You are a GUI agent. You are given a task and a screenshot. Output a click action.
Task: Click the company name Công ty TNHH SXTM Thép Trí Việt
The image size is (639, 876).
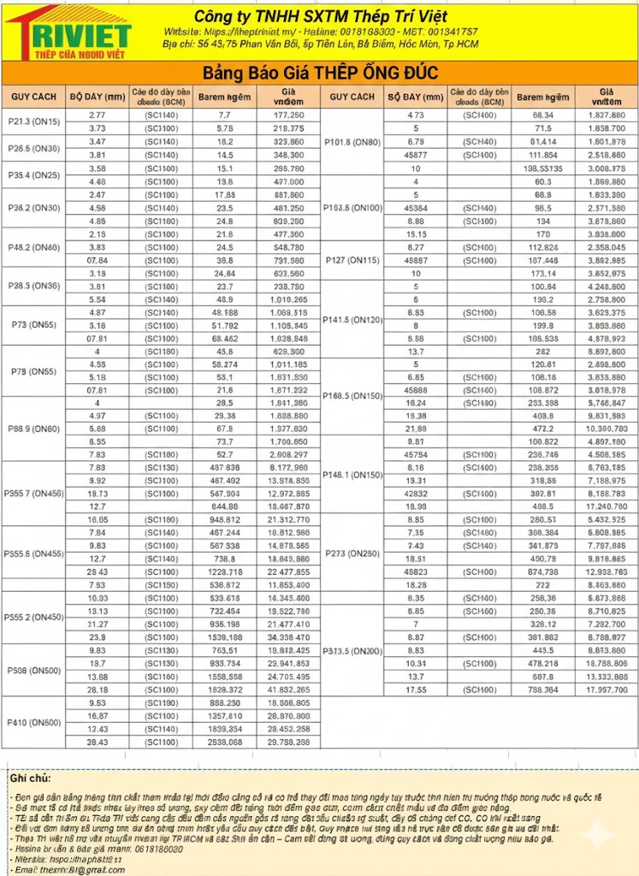tap(320, 17)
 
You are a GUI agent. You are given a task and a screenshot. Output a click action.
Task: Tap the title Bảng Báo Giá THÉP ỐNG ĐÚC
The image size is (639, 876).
tap(319, 73)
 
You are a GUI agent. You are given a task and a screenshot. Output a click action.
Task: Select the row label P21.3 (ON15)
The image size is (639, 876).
tap(33, 121)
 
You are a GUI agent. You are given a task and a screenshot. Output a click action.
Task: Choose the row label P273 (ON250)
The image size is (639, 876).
tap(352, 553)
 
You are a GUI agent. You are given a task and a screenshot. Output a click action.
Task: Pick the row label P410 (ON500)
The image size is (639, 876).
tap(33, 723)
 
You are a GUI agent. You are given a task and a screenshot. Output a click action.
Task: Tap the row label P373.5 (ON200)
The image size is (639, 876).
tap(352, 651)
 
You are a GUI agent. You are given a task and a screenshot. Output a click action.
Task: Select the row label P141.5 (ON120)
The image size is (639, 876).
tap(352, 319)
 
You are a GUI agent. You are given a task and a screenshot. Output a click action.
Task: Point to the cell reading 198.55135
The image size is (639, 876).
tap(542, 169)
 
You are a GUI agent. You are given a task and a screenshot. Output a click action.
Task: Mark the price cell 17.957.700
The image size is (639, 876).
tap(606, 690)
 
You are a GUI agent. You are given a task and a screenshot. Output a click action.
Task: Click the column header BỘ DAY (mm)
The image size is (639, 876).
tap(97, 97)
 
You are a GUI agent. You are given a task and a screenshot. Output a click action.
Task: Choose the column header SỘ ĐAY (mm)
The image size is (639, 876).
tap(414, 97)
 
